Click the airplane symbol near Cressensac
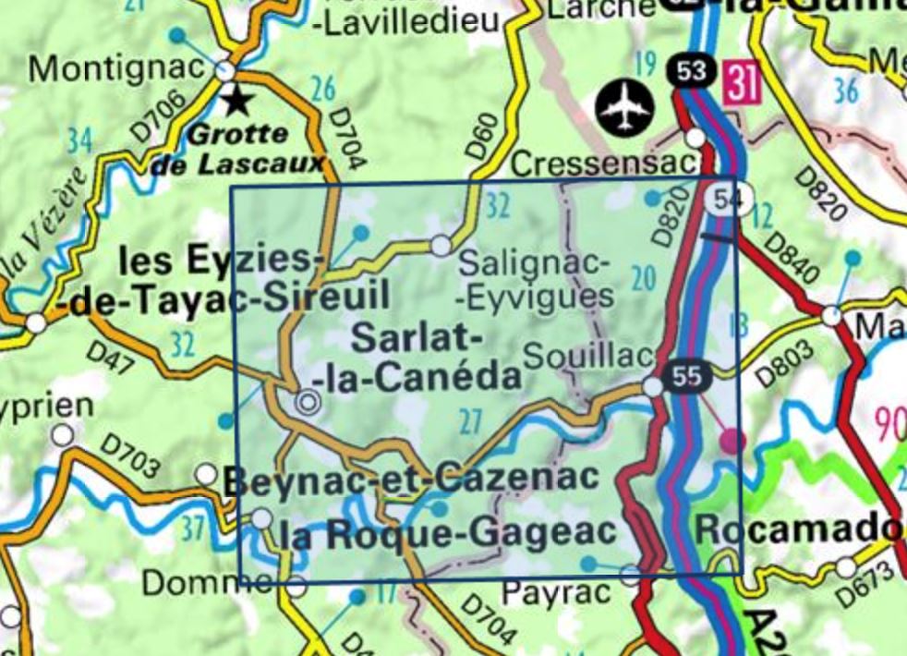point(625,106)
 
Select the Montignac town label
point(115,67)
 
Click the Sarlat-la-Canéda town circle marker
point(308,402)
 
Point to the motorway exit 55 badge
point(684,376)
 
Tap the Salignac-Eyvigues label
point(536,280)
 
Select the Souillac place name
point(588,355)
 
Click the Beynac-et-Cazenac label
point(412,479)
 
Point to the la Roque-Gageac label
point(448,532)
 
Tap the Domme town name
point(208,584)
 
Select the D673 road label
point(858,578)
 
